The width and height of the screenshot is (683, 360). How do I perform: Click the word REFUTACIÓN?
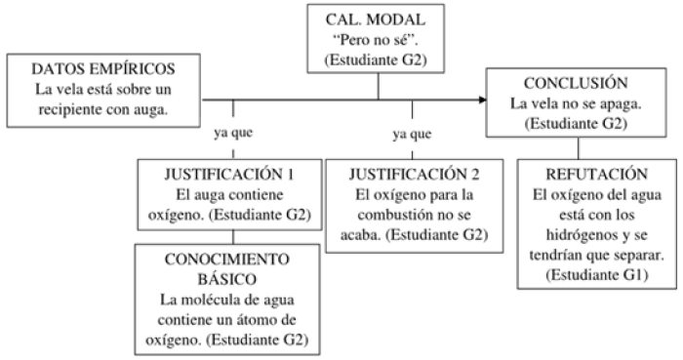tap(583, 175)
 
